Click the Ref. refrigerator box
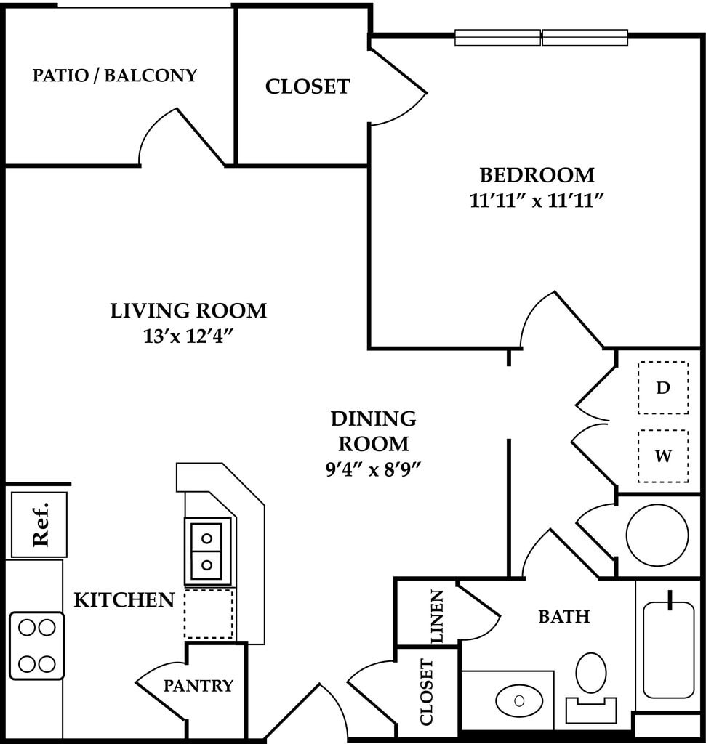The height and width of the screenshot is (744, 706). [39, 525]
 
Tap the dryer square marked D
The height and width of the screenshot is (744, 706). [663, 387]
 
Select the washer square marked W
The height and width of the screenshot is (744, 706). [663, 456]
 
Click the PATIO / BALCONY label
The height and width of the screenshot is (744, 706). [115, 76]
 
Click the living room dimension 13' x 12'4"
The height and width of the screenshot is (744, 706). [188, 336]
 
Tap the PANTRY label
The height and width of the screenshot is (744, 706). [198, 685]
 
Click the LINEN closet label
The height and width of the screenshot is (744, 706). [437, 616]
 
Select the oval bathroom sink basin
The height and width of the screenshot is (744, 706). [519, 700]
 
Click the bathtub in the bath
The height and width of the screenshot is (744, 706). [668, 650]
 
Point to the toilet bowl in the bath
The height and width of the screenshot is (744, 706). [591, 673]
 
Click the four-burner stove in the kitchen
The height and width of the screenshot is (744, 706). [37, 645]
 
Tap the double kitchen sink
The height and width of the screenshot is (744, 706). [207, 551]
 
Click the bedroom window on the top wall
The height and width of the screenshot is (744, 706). [541, 37]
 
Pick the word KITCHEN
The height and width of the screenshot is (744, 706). [124, 600]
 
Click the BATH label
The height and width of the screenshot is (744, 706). [563, 617]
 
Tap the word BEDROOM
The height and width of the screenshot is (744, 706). [537, 175]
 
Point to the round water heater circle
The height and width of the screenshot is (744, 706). [657, 535]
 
